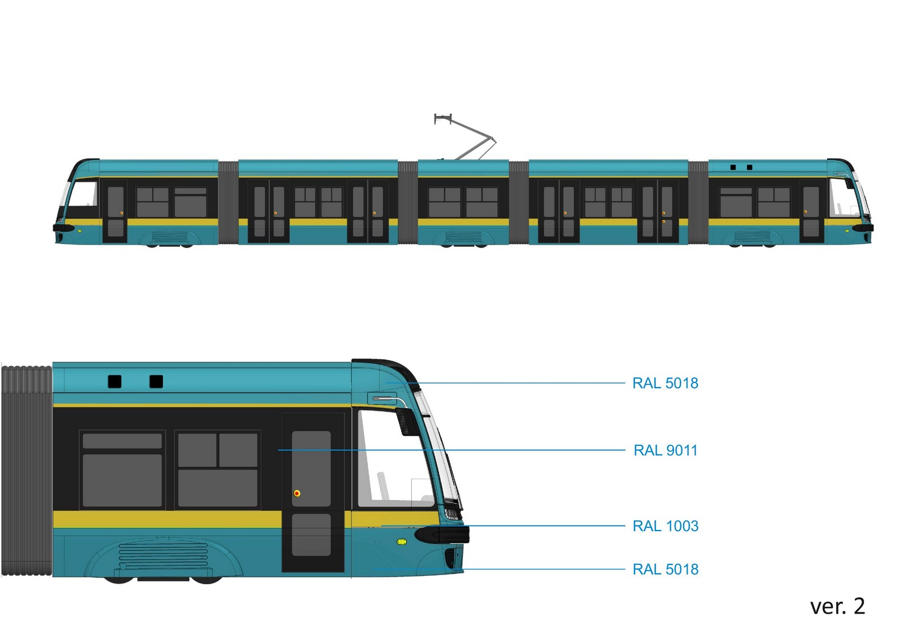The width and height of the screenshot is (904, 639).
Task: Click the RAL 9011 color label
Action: [666, 450]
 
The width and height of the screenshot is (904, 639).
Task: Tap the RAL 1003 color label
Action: [666, 526]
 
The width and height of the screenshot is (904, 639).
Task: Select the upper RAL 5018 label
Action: [665, 383]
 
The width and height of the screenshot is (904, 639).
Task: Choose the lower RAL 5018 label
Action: [666, 569]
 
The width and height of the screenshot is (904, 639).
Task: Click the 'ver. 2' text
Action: [837, 606]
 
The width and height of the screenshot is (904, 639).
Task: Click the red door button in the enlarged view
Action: [297, 493]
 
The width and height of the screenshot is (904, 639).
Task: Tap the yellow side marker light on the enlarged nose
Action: [402, 542]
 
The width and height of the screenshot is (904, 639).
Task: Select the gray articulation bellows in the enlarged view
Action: [27, 471]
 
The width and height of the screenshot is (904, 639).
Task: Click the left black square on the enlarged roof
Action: [115, 381]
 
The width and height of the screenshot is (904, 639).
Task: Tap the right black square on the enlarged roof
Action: [156, 381]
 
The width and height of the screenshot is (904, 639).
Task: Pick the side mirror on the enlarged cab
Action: [406, 420]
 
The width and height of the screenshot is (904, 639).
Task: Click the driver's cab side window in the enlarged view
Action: [393, 458]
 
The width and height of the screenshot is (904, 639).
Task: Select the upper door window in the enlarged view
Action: [311, 468]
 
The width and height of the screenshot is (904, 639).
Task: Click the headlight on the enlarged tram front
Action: [451, 514]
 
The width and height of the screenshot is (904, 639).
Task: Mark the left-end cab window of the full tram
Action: [82, 200]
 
